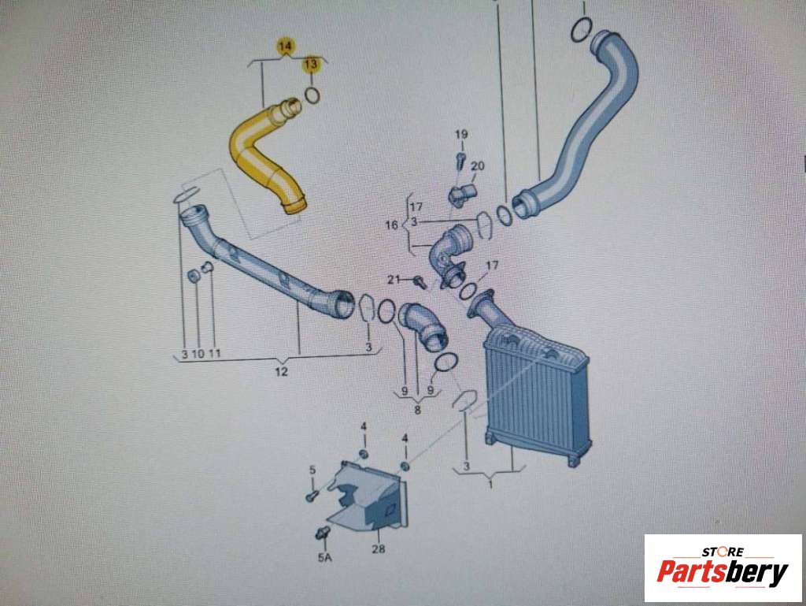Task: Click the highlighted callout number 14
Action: [x=285, y=46]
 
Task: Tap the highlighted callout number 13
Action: [x=311, y=65]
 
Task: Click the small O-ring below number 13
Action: [x=312, y=95]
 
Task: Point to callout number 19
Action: [x=461, y=134]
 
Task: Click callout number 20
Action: [x=478, y=165]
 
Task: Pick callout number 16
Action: [x=392, y=225]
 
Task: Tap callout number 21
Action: [x=394, y=279]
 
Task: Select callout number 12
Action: [x=281, y=371]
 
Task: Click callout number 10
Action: [x=198, y=354]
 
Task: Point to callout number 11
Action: [x=214, y=353]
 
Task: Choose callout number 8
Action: [x=417, y=410]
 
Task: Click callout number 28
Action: [x=379, y=549]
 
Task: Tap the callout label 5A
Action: [x=324, y=556]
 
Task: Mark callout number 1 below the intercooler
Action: [x=490, y=485]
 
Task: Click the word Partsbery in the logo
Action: [x=723, y=571]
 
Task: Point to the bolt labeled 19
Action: [x=461, y=159]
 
